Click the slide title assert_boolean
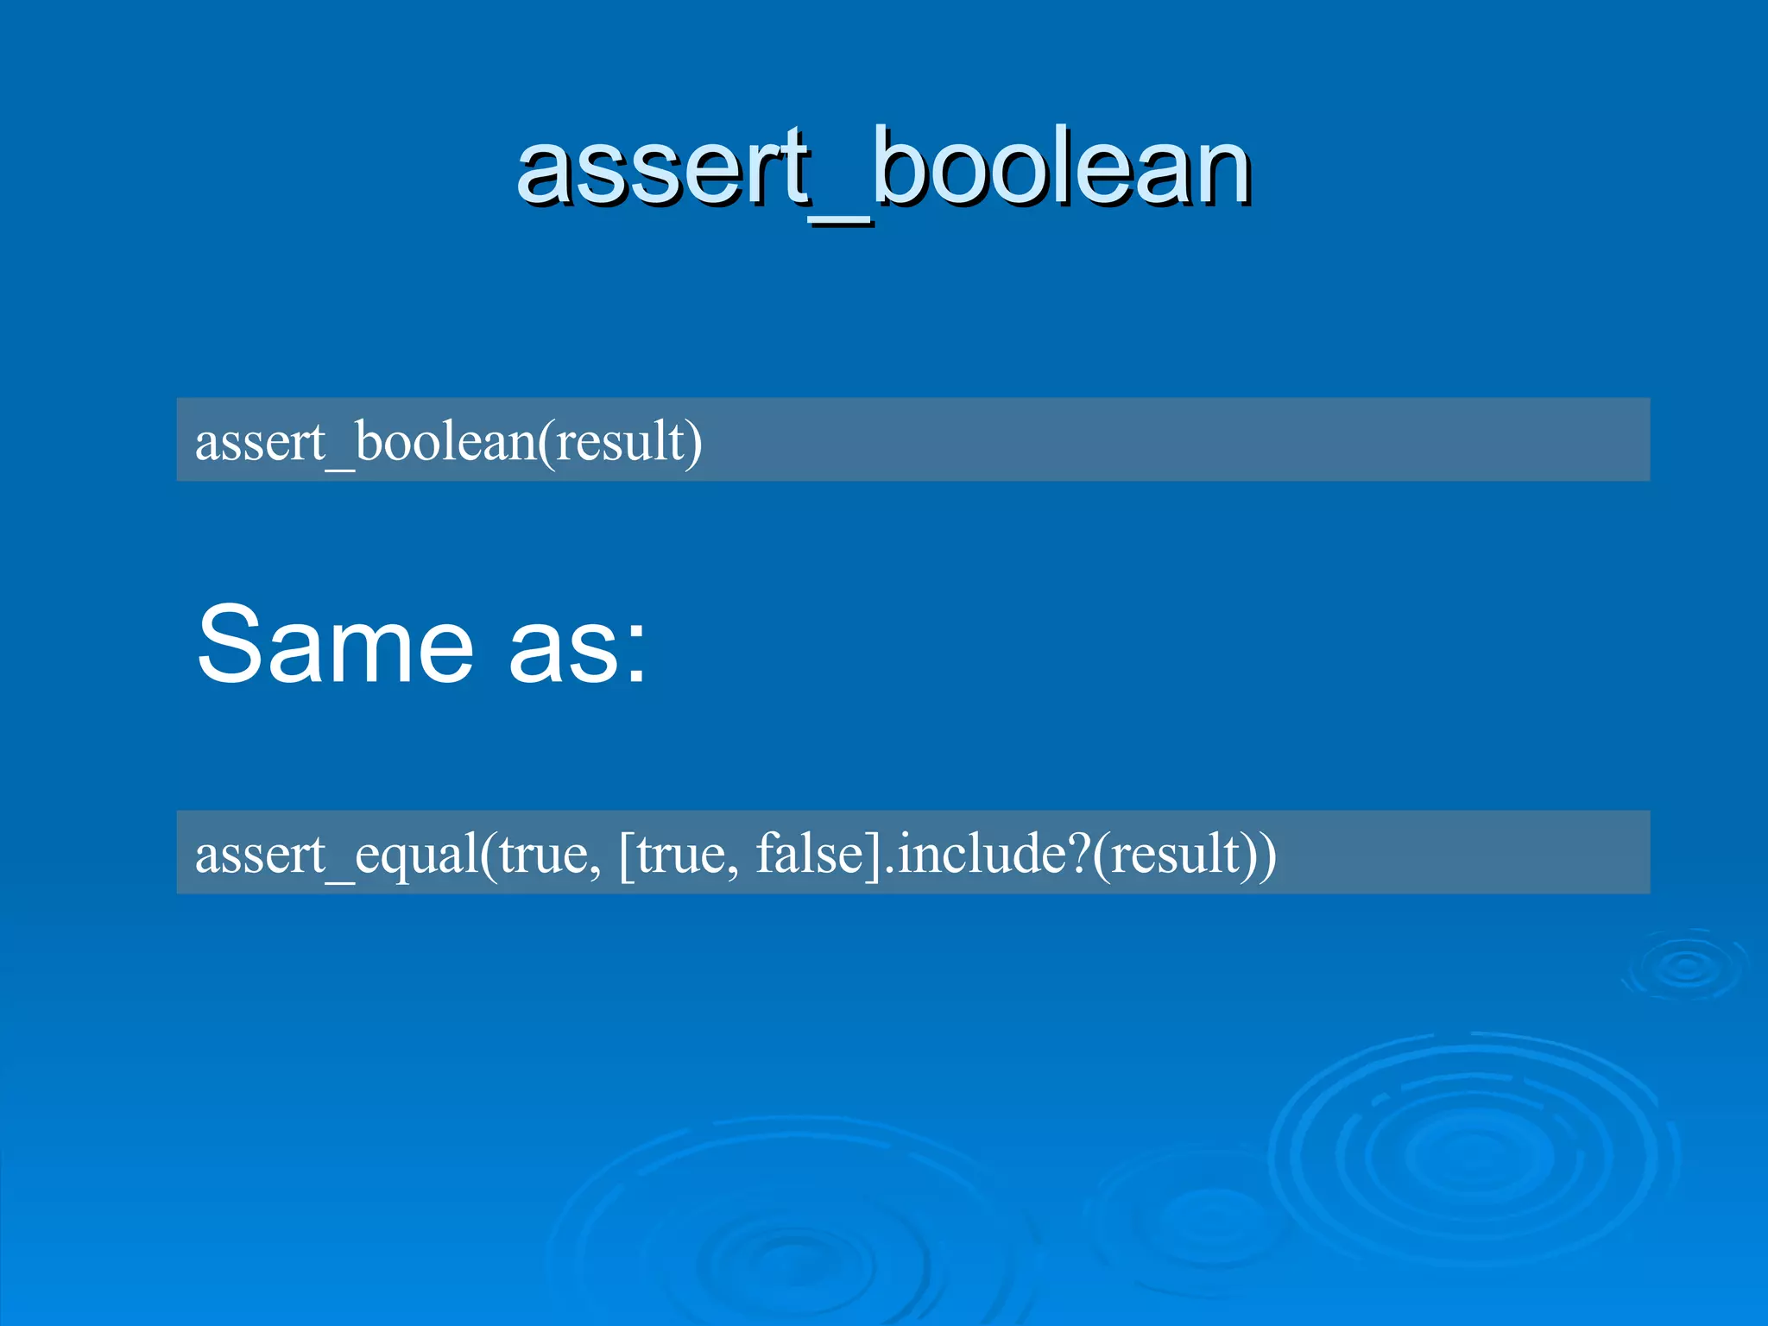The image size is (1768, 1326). (x=883, y=168)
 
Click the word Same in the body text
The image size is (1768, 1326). (x=335, y=644)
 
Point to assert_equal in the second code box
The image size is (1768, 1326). (x=336, y=855)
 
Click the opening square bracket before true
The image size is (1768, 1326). (x=626, y=855)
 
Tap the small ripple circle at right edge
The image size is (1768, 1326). (x=1685, y=967)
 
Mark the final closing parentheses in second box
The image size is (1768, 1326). (x=1260, y=855)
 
